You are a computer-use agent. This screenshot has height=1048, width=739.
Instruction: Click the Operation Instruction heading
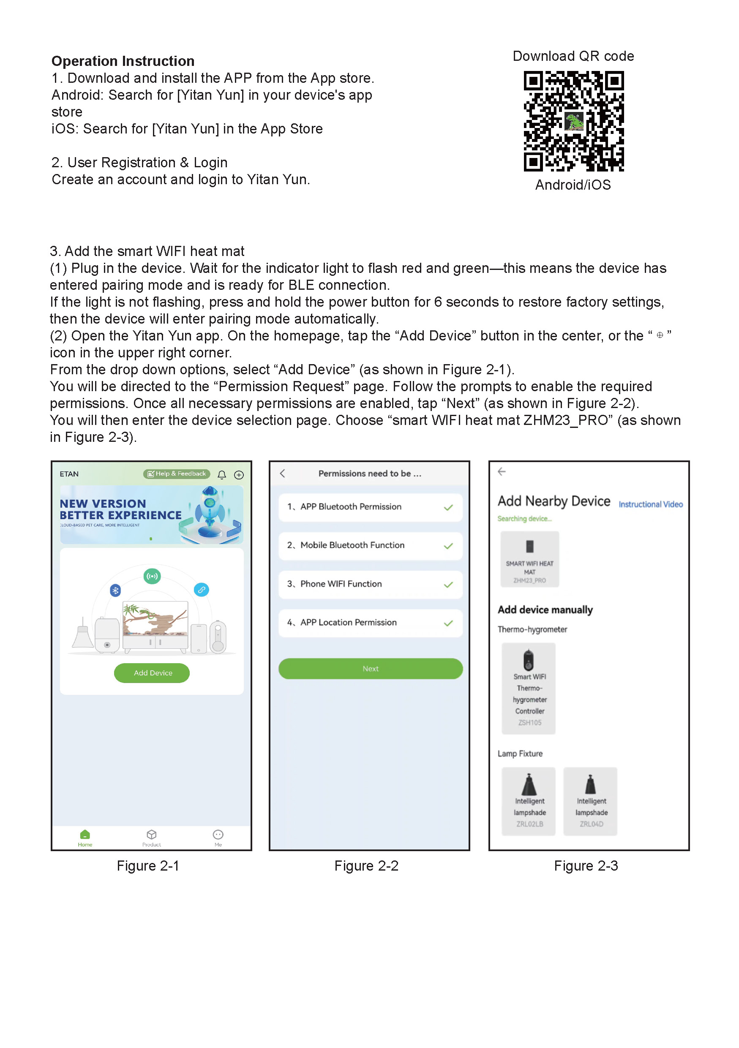click(123, 61)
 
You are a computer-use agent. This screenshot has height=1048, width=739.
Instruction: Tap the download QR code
click(573, 121)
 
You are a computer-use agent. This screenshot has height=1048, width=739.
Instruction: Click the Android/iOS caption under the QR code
click(573, 185)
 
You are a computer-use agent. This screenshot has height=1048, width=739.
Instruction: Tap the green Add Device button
click(152, 673)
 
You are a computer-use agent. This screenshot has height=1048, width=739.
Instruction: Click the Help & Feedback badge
click(177, 474)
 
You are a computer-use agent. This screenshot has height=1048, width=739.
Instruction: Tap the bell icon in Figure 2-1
click(222, 475)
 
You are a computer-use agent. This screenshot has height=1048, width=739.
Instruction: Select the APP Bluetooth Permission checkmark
click(448, 508)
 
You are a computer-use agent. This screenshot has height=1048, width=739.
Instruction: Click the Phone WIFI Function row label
click(341, 584)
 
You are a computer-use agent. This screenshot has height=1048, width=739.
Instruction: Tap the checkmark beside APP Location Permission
click(448, 623)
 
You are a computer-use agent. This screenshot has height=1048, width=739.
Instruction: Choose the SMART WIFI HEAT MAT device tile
click(529, 559)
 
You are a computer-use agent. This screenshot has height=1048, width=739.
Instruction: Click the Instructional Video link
click(650, 504)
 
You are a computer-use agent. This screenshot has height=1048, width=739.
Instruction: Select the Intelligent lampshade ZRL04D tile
click(590, 801)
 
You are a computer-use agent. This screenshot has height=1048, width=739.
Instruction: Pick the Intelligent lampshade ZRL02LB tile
click(529, 801)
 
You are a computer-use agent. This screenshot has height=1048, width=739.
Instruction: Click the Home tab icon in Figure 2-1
click(85, 835)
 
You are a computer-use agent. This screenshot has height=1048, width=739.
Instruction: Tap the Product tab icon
click(152, 835)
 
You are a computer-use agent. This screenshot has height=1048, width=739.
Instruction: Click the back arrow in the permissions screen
click(283, 474)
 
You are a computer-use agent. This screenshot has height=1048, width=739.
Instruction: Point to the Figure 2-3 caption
click(586, 866)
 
